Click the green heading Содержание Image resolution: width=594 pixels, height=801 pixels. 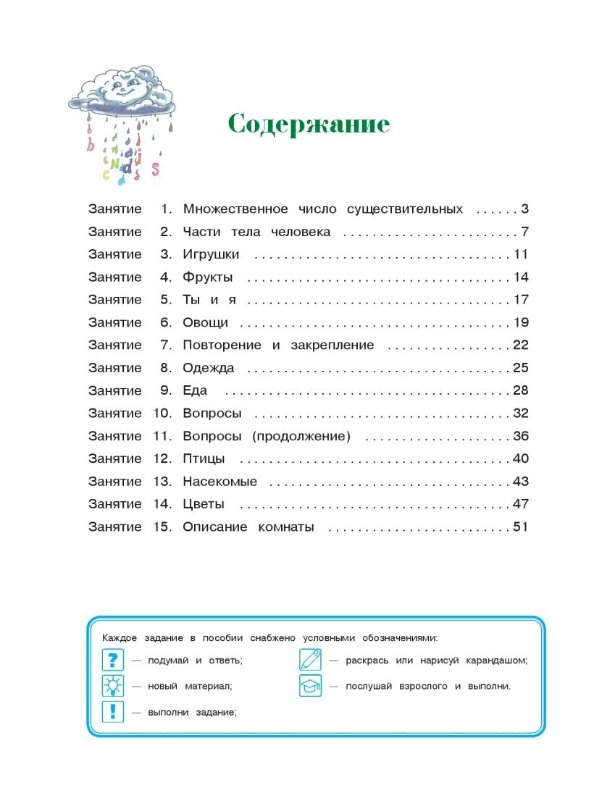[x=309, y=124]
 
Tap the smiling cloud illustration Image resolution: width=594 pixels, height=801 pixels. [x=123, y=91]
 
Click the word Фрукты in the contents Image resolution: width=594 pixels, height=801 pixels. [x=208, y=277]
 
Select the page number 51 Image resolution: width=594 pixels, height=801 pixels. [x=521, y=527]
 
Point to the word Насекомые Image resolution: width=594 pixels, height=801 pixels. [x=220, y=482]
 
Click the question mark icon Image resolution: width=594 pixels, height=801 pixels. [x=112, y=660]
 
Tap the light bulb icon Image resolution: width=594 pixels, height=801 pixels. [x=112, y=685]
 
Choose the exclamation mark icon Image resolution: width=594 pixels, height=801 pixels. [x=112, y=711]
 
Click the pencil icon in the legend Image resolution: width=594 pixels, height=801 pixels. [x=310, y=660]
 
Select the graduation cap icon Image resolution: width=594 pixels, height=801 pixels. [x=310, y=685]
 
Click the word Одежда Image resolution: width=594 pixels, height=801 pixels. [x=209, y=368]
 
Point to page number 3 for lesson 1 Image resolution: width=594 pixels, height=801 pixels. [x=524, y=209]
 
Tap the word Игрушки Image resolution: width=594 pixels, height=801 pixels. [x=211, y=255]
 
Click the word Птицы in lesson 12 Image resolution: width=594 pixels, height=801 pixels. [x=204, y=458]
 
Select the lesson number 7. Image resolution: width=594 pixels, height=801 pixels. [x=166, y=345]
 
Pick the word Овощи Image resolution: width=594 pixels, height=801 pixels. [x=206, y=323]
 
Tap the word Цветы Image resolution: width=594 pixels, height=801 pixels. [x=204, y=504]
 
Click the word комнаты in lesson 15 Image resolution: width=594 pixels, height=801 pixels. [x=286, y=527]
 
